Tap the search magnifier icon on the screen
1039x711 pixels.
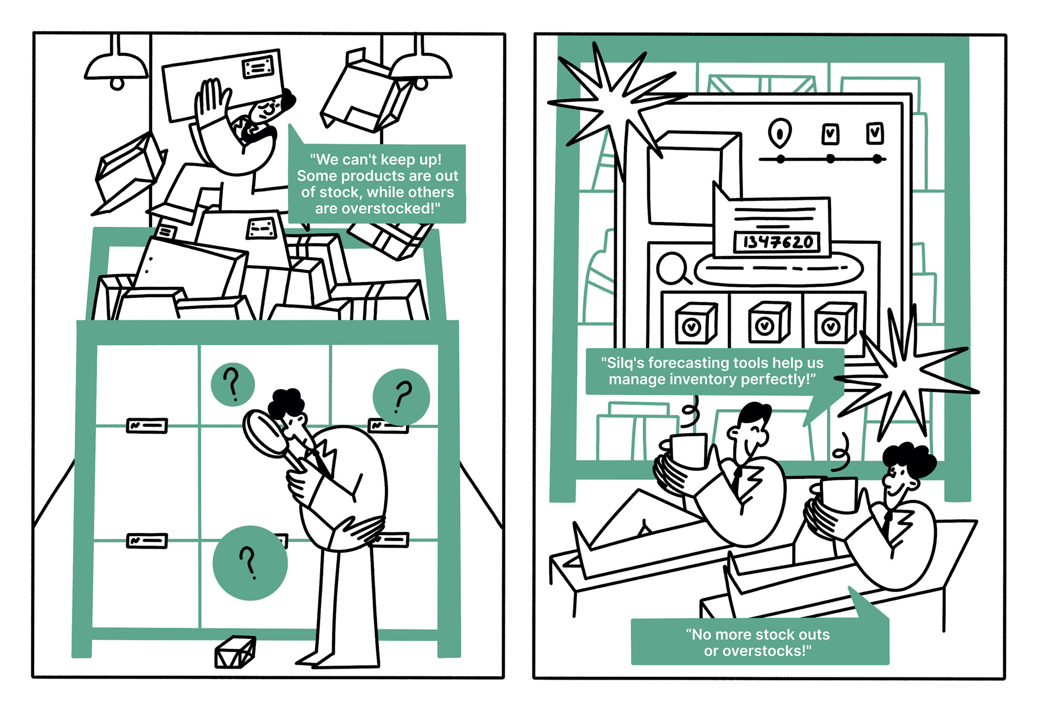coord(673,268)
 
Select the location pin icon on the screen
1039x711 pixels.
coord(779,132)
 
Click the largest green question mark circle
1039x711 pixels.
coord(250,563)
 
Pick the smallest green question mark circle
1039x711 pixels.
coord(233,384)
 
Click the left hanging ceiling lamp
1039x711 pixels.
coord(116,68)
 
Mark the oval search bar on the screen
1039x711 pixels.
coord(778,268)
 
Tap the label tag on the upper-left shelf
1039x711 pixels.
coord(147,426)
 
